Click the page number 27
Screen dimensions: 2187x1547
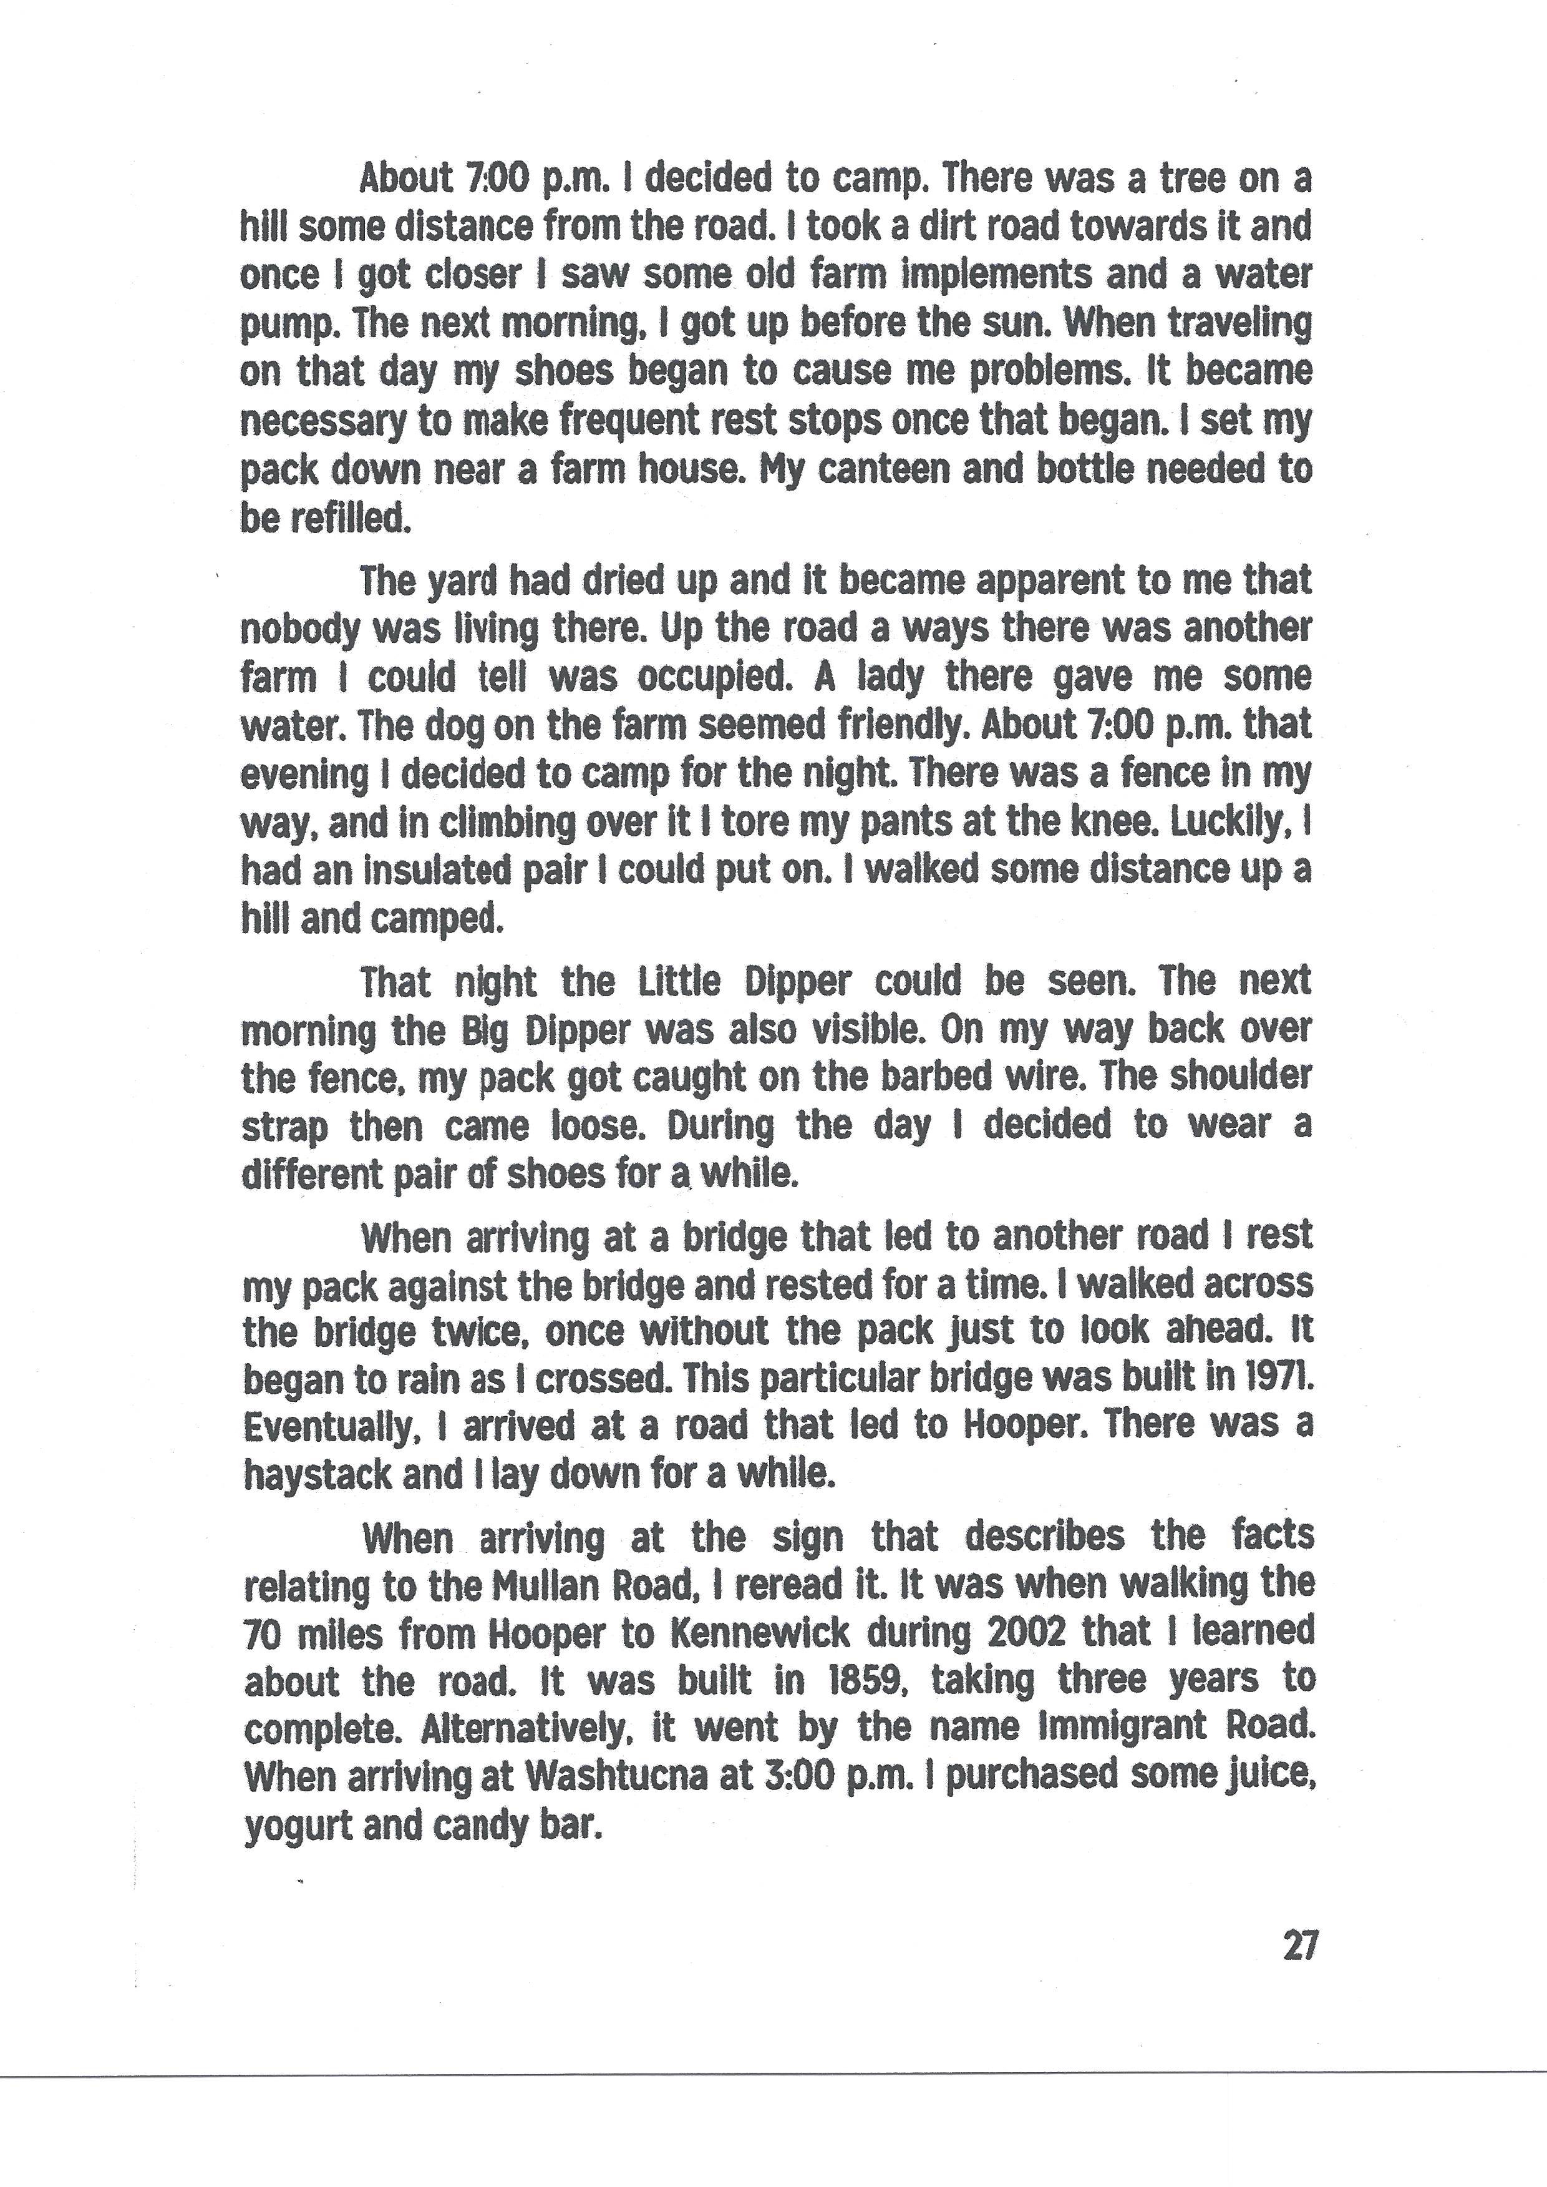point(1299,1945)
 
